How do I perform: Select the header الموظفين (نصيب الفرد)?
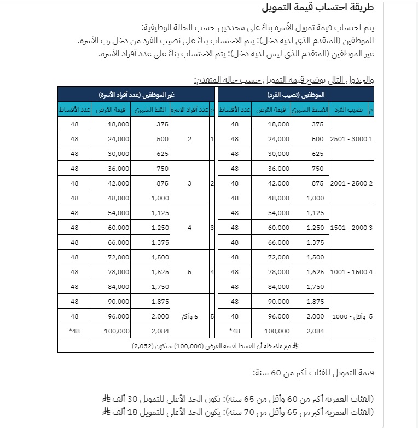296,95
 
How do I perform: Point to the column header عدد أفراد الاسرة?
189,109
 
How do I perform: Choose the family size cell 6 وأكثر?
189,316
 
